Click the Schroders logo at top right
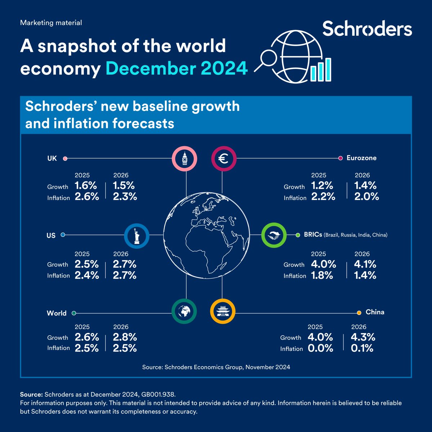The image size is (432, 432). [367, 29]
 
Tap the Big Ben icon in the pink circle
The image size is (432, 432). [185, 158]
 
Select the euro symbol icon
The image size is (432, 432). [224, 158]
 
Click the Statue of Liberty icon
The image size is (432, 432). [136, 236]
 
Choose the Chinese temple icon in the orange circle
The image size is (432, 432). [222, 311]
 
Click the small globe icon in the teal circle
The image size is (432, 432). [184, 311]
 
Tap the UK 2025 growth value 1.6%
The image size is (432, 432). [86, 186]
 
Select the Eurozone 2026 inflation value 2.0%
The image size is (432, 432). [366, 197]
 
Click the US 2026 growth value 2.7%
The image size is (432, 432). [125, 264]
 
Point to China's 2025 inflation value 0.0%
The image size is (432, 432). [320, 348]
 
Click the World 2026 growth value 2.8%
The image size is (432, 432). [125, 337]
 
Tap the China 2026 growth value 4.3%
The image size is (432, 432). [363, 337]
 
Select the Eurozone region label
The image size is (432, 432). [361, 158]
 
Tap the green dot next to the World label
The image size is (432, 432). [74, 313]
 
